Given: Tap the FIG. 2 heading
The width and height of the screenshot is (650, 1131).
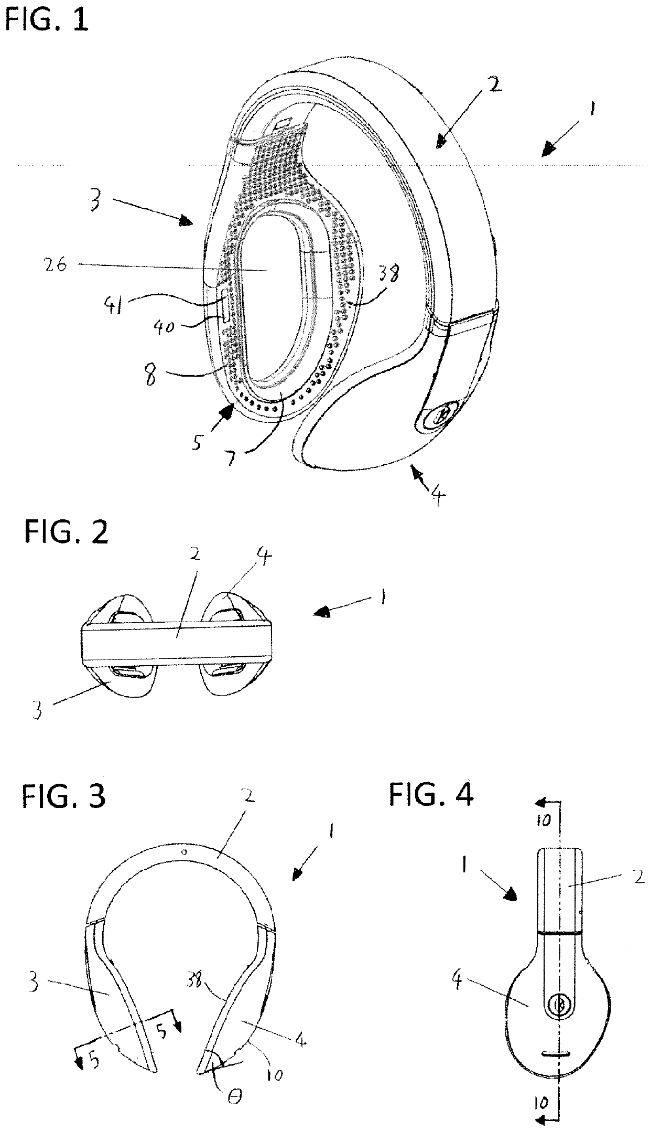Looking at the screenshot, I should coord(66,532).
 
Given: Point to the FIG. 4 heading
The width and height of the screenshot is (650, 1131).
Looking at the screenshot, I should coord(431,796).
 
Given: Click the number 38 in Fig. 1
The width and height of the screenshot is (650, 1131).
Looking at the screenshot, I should coord(387,272).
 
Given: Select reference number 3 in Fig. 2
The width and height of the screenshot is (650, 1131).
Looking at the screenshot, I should coord(36,713).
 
